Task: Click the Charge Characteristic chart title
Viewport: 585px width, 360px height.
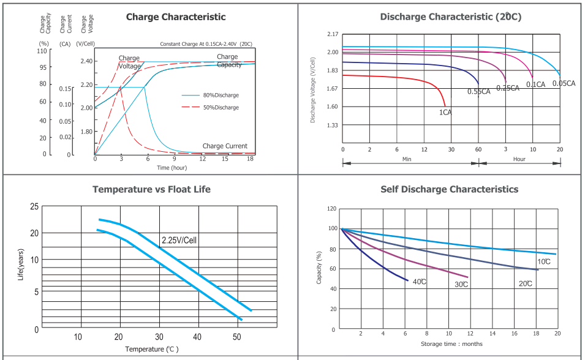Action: (176, 17)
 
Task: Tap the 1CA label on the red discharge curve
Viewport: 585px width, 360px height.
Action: (445, 113)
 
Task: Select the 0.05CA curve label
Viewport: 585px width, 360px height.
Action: (564, 83)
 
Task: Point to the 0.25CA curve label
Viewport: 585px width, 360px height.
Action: (508, 88)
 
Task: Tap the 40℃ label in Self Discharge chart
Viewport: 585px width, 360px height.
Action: (420, 282)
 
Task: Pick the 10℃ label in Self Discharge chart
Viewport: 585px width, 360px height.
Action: (544, 262)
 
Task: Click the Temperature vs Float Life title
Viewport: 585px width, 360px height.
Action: (151, 190)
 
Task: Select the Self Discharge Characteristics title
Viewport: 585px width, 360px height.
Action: (449, 190)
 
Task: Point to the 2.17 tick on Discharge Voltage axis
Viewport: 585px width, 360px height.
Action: (333, 34)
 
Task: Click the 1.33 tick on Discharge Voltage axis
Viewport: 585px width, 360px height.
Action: (333, 126)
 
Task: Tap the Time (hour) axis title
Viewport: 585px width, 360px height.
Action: (172, 168)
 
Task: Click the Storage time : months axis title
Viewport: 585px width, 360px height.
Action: (451, 344)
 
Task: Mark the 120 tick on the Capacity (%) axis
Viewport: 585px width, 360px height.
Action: (332, 209)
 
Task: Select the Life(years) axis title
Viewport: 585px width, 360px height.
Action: (21, 266)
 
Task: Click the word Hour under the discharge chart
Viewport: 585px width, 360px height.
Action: (519, 159)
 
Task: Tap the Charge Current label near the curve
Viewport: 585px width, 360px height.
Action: (225, 146)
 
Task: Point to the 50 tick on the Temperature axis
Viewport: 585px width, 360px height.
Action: (237, 337)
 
